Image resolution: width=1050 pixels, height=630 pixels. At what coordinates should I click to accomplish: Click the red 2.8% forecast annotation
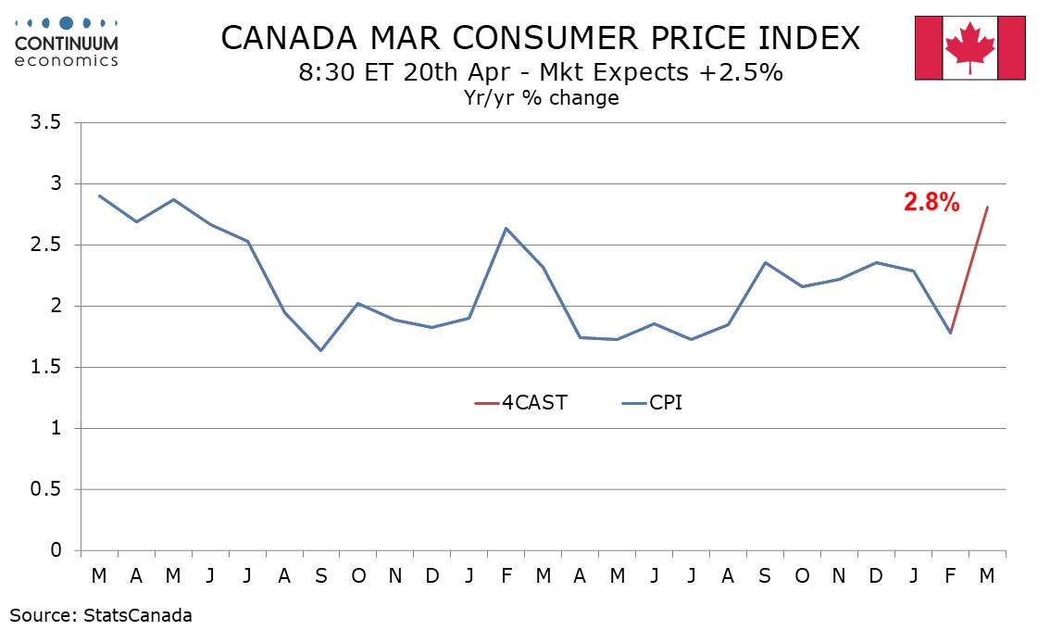click(931, 203)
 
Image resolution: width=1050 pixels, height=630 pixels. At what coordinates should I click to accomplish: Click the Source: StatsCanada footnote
click(102, 614)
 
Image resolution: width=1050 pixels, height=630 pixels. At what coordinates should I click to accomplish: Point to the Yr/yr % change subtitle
click(542, 97)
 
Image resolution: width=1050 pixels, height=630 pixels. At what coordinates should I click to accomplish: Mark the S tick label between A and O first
click(321, 575)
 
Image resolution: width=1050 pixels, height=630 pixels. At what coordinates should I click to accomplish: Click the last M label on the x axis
click(987, 575)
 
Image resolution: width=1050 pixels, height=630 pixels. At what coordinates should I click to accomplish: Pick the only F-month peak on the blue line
click(506, 228)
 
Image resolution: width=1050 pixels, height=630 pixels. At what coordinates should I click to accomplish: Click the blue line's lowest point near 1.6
click(321, 350)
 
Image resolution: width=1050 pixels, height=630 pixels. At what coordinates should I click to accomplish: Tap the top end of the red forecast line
click(987, 207)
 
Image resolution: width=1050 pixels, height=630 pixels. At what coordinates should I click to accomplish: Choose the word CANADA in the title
click(281, 38)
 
